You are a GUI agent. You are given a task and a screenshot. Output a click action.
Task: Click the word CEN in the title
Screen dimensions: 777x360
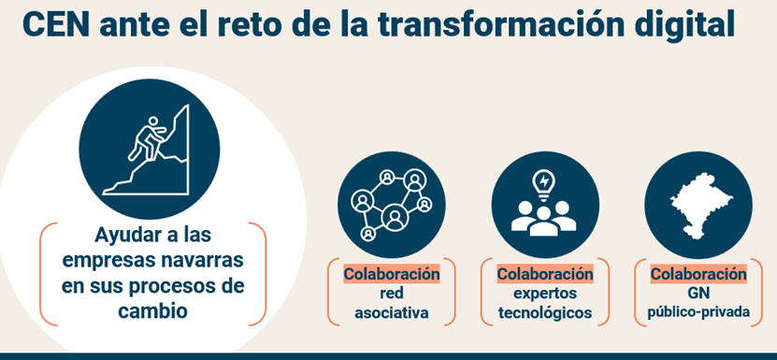point(56,24)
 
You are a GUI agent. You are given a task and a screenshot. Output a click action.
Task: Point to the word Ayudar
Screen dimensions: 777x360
point(126,235)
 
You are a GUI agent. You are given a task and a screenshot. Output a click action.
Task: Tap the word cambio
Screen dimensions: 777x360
point(152,310)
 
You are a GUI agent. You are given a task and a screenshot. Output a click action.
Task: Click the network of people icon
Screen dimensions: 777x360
point(392,204)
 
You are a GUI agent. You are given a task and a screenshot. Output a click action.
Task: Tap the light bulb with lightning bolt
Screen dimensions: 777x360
point(544,184)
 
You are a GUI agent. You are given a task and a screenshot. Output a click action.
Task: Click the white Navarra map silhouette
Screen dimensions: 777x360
point(699,206)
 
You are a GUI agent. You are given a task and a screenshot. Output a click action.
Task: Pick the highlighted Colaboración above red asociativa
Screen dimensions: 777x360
point(392,274)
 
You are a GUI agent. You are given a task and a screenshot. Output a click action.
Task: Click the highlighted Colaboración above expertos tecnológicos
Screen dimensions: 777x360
point(545,274)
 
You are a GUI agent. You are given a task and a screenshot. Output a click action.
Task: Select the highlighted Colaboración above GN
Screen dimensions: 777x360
point(698,274)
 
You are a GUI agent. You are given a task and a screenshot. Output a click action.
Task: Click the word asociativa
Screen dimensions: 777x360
point(392,313)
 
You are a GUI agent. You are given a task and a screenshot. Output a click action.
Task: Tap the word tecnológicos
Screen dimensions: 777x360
point(545,313)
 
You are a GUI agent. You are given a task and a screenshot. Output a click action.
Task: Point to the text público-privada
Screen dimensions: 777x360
point(698,313)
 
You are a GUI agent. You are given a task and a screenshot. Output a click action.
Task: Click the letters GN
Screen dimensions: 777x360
point(698,294)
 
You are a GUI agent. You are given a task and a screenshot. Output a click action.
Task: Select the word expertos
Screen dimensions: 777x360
point(545,294)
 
